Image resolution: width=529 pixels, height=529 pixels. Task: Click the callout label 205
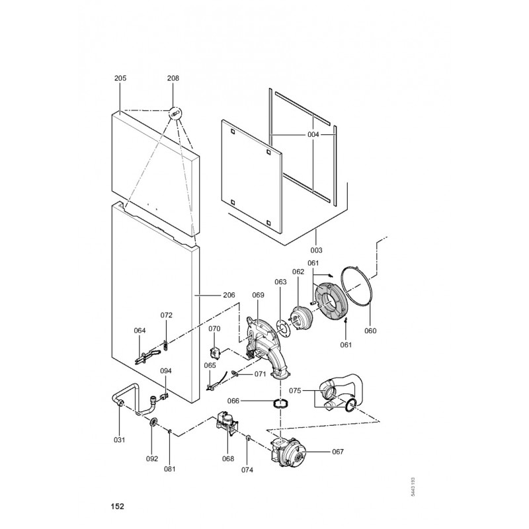coord(120,78)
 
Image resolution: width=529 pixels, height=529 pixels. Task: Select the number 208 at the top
coord(173,78)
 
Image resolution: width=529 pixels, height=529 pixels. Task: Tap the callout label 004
coord(313,134)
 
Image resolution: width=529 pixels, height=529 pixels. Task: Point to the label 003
coord(316,251)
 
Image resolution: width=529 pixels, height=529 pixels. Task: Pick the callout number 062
coord(298,271)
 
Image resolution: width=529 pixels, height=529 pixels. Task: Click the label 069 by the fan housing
coord(258,294)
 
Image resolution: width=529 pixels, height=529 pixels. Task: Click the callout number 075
coord(295,391)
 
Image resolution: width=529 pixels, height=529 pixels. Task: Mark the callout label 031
coord(119,440)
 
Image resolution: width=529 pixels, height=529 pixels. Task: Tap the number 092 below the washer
coord(153,458)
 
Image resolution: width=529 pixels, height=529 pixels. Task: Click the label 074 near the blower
coord(247,470)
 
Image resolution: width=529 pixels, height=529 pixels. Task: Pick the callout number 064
coord(139,331)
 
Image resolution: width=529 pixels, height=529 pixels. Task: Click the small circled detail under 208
coord(175,113)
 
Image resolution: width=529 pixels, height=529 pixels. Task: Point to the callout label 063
coord(280,282)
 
